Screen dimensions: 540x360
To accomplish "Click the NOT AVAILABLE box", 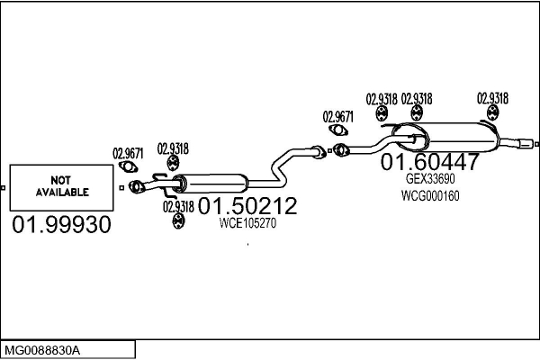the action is [x=61, y=188].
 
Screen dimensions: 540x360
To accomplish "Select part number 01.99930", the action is [x=61, y=225].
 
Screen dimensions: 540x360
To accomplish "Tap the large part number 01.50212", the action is [x=247, y=206].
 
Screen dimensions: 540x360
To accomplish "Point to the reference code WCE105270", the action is [x=247, y=223].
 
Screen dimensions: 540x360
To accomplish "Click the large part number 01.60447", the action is [x=430, y=162].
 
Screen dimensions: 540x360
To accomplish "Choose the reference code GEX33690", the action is [x=430, y=179].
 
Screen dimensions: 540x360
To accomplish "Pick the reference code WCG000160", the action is [x=430, y=196].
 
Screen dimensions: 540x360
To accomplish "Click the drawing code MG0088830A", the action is [x=42, y=351].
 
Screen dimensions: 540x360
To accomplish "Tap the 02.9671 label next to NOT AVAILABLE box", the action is [x=128, y=153].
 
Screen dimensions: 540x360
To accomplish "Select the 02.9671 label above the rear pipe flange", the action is [x=337, y=117].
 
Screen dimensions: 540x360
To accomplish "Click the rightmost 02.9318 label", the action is [x=492, y=98].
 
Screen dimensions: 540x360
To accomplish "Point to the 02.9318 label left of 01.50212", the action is [x=178, y=207].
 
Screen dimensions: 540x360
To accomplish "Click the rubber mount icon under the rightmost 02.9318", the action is [x=493, y=113].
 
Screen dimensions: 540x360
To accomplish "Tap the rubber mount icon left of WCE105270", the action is [x=177, y=220].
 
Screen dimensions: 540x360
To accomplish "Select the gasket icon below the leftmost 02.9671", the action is [x=128, y=167].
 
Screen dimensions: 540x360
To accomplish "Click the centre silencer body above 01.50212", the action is [x=212, y=184].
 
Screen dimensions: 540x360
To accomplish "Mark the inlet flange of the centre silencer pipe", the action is [x=137, y=186].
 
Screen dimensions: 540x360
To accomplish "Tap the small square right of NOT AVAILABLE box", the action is [x=121, y=188].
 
